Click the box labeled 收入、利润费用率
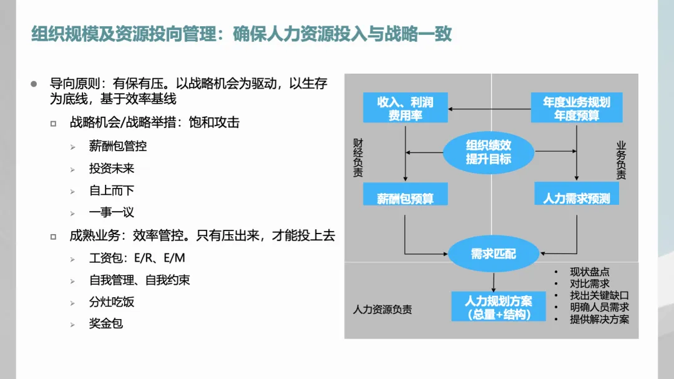coord(406,108)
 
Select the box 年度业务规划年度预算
coord(577,108)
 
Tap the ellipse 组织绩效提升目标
coord(489,152)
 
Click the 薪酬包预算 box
coord(405,198)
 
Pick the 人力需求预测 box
coord(577,198)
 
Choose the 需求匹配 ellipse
coord(492,253)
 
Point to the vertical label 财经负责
coord(358,159)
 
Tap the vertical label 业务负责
coord(621,160)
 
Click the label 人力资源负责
coord(382,309)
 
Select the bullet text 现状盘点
coord(589,272)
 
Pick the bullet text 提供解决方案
coord(599,319)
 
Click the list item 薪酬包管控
coord(118,146)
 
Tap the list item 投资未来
coord(112,169)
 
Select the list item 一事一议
coord(112,212)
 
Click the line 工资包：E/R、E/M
coord(137,258)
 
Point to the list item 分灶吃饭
coord(112,302)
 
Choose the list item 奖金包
coord(106,324)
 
